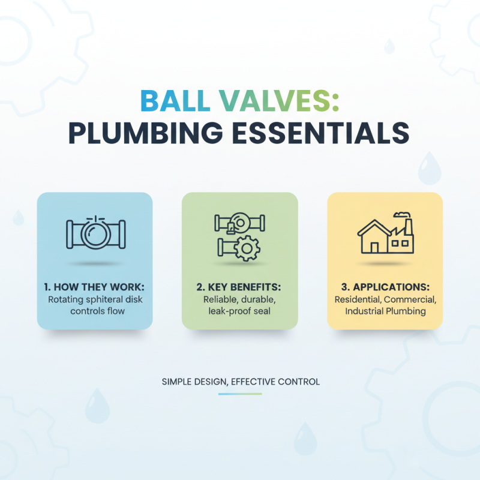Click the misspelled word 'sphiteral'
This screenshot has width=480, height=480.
pos(106,299)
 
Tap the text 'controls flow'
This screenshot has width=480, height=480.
pos(95,311)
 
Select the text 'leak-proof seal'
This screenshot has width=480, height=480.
pos(240,311)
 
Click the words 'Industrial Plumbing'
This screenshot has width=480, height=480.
pos(385,311)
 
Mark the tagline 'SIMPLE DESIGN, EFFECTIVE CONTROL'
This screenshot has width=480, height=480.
pos(240,382)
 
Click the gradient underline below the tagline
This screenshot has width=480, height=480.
pos(240,394)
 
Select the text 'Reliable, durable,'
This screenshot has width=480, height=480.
pos(240,299)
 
